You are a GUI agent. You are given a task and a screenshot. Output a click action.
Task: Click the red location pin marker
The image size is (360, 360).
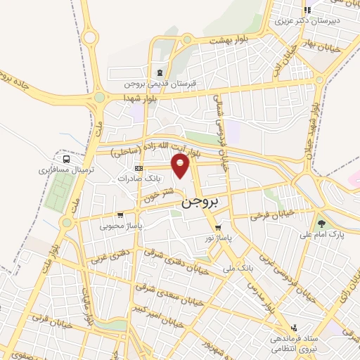pos(181,166)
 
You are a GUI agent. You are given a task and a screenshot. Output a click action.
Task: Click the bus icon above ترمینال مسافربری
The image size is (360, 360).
pos(66,158)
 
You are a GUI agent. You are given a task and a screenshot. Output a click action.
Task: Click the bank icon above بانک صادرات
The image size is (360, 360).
pos(138,168)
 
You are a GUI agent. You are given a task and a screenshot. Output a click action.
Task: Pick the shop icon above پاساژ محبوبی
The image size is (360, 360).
pos(121,215)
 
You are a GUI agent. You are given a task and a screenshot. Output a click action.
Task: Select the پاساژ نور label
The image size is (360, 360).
pos(219,238)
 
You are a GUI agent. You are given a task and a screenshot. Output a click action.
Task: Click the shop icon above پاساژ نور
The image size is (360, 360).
pos(218,228)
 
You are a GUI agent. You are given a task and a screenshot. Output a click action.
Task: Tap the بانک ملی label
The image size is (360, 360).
pos(236,268)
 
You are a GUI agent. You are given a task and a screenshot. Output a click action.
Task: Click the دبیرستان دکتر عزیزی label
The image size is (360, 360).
pos(314,20)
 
